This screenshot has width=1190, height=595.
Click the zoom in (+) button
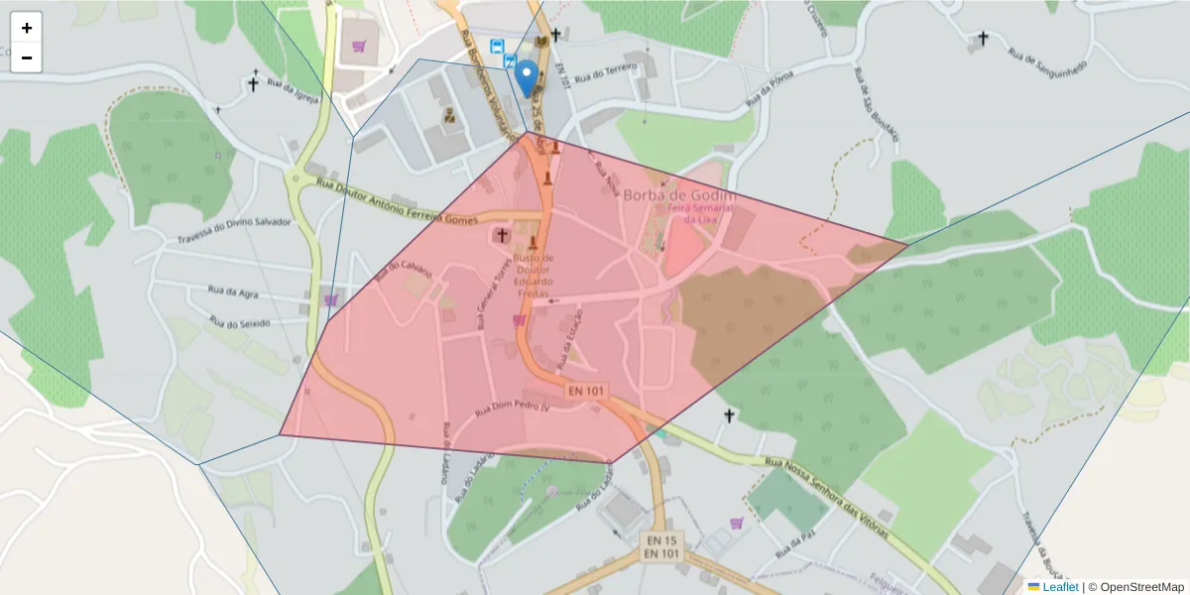click(27, 28)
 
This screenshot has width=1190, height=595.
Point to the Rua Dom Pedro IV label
click(512, 409)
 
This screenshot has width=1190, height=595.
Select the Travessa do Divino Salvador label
click(234, 230)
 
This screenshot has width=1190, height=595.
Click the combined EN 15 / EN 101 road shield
click(661, 546)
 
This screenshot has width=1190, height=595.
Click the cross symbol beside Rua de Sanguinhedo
click(983, 39)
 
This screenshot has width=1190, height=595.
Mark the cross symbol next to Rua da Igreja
click(255, 83)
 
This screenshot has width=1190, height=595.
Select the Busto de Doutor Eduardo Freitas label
click(535, 275)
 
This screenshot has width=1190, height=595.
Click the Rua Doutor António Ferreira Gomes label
click(397, 201)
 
